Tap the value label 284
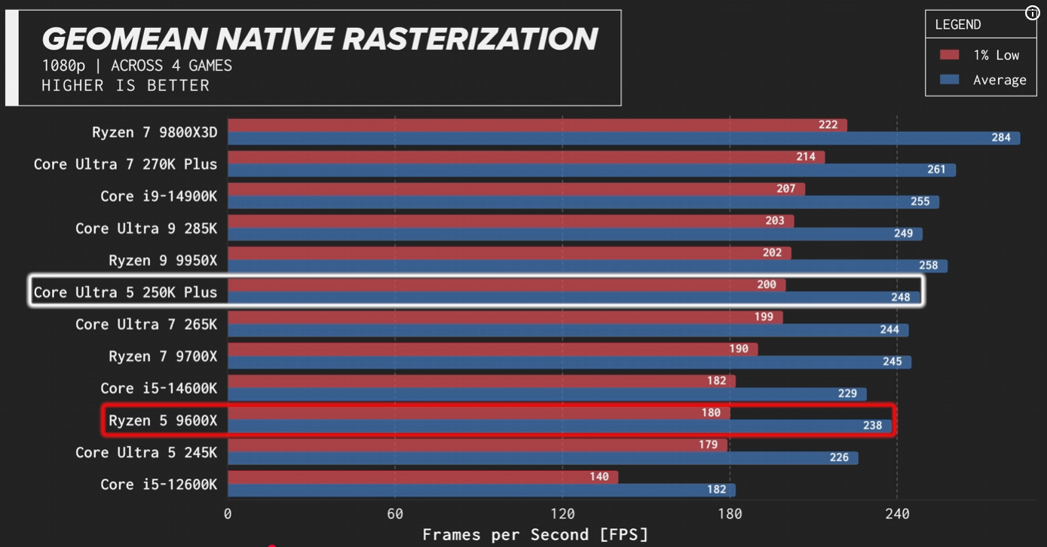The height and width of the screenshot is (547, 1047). (x=1001, y=138)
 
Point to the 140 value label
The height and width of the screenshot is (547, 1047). (x=599, y=477)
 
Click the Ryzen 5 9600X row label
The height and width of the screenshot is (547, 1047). (x=163, y=420)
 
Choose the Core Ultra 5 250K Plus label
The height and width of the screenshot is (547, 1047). (x=125, y=292)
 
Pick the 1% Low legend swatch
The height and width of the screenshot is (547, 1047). (x=950, y=55)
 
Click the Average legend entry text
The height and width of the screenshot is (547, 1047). (x=1000, y=80)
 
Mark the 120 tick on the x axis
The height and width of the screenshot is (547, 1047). (x=562, y=514)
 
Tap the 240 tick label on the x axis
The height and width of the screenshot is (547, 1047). (x=897, y=514)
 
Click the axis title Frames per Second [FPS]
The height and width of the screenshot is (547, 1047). (x=535, y=535)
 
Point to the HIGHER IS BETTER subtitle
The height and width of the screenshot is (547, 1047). (x=125, y=85)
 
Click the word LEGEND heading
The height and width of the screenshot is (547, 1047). (x=958, y=25)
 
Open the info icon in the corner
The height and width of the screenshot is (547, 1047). (x=1033, y=13)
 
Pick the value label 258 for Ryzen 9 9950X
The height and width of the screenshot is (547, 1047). (x=929, y=266)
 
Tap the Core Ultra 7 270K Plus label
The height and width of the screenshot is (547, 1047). (x=125, y=164)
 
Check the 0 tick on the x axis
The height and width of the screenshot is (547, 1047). (x=228, y=514)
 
